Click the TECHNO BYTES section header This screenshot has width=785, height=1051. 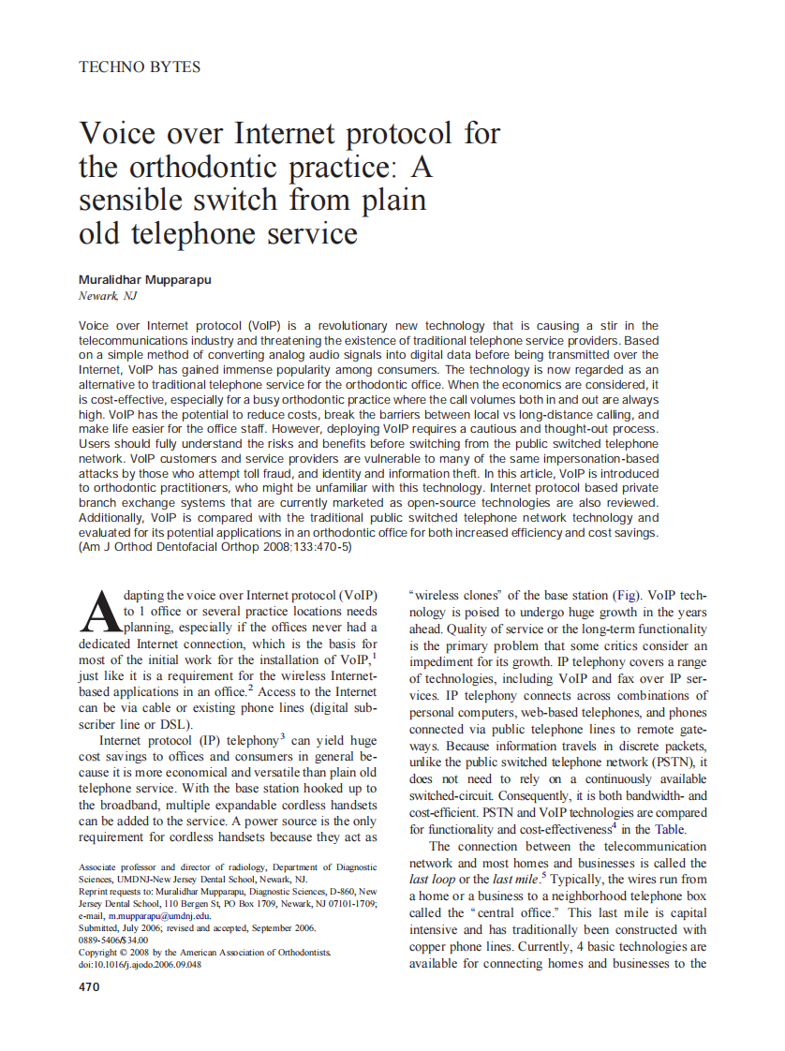tap(140, 67)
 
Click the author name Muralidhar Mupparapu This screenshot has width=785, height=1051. tap(145, 280)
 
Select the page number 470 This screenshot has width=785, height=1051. tap(90, 987)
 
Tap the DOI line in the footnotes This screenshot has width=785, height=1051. tap(140, 964)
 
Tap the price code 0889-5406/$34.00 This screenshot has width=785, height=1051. tap(113, 940)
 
